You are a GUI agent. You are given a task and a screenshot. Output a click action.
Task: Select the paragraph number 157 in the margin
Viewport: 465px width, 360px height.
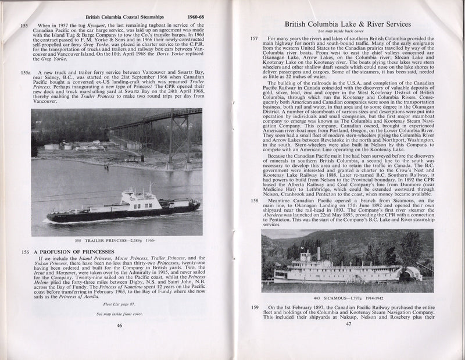[253, 38]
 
